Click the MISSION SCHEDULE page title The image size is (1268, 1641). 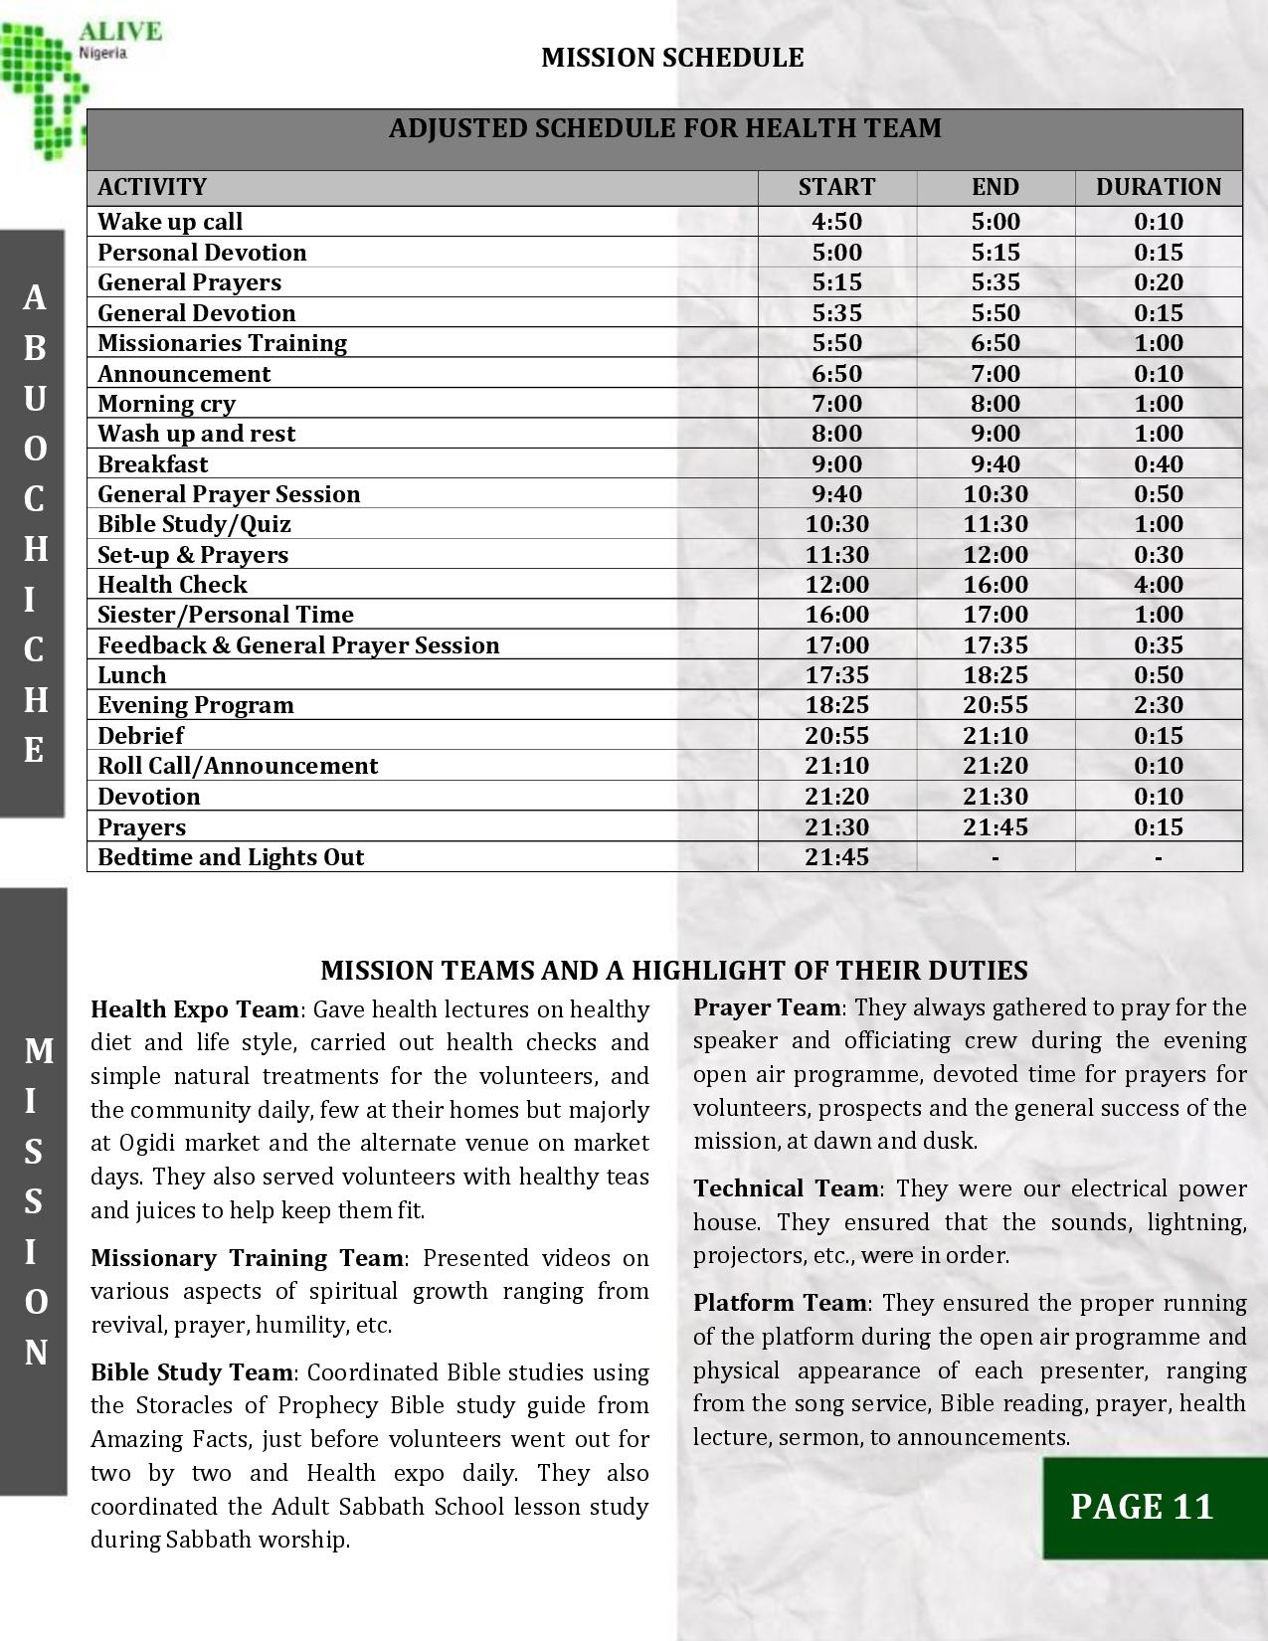pos(672,58)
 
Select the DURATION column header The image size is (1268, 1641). pos(1158,187)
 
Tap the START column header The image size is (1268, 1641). pos(836,187)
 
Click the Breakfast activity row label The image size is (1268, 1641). pos(153,464)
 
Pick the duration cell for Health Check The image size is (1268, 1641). pos(1158,585)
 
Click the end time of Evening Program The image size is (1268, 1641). pos(995,705)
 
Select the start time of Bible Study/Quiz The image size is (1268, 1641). pos(836,524)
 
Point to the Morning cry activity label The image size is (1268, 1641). pos(166,404)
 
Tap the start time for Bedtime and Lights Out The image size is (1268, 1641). pos(836,857)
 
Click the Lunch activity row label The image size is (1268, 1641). pos(132,675)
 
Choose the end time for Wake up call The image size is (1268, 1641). pos(995,222)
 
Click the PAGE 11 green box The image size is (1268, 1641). pos(1142,1507)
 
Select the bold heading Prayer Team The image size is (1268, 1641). pos(767,1007)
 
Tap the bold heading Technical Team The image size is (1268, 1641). pos(786,1188)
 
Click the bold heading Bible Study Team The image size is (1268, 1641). pos(192,1372)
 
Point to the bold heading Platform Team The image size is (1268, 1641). pos(781,1303)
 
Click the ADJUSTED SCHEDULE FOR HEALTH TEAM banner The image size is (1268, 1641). pos(664,129)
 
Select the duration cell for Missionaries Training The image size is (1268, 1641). pos(1158,343)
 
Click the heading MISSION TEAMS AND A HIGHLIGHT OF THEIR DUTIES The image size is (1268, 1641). pos(673,971)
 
